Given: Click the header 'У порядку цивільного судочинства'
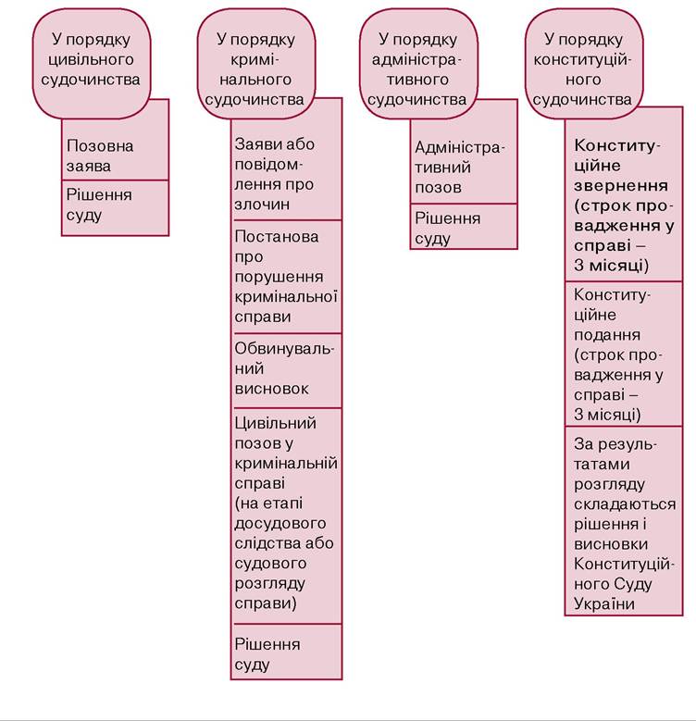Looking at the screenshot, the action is point(91,64).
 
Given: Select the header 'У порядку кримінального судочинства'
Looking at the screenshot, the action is point(256,64).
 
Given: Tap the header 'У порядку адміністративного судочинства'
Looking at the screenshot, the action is point(417,64).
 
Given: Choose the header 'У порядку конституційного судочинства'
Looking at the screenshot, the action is point(583,64).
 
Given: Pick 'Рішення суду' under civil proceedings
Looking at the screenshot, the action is point(116,208).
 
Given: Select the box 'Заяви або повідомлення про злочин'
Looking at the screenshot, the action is point(286,170).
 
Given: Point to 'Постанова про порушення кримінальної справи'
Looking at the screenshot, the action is point(286,277).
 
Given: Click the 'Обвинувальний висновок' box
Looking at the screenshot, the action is point(286,370).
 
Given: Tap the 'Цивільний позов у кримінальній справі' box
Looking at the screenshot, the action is point(286,516).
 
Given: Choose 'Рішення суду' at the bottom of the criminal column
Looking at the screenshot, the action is point(286,652).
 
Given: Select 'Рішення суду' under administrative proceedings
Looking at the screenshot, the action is point(464,226).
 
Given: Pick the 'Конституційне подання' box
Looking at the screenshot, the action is point(624,354).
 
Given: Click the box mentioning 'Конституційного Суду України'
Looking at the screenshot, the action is point(624,520).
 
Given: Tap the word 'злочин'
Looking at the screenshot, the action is point(262,205).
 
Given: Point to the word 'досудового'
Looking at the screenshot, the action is point(280,523).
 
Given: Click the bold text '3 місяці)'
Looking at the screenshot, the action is point(612,266).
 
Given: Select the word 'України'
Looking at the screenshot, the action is point(604,603).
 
